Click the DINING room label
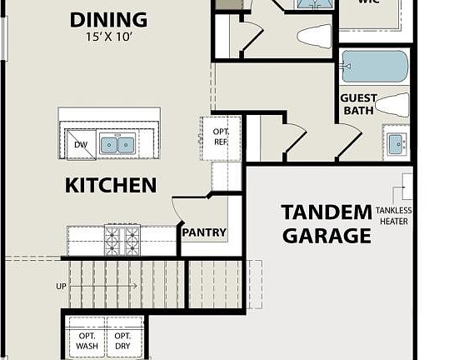[108, 19]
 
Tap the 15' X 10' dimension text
[108, 37]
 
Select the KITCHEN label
[111, 185]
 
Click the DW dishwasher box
[81, 144]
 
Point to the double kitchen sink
[118, 145]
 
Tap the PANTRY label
[204, 232]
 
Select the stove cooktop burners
[122, 240]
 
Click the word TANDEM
[326, 212]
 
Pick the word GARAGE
[326, 236]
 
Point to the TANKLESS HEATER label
[393, 216]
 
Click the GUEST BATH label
[358, 104]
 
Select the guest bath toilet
[392, 104]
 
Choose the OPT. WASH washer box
[87, 339]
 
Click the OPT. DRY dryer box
[123, 339]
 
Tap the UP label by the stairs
[61, 286]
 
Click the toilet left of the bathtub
[314, 36]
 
